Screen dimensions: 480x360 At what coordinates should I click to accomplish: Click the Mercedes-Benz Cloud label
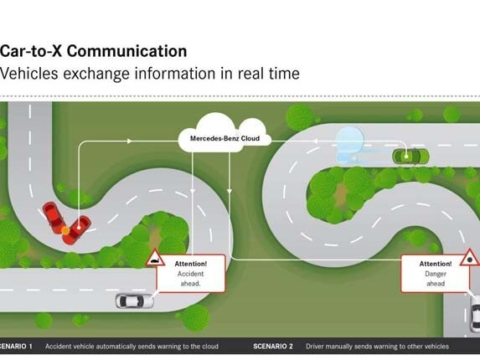(225, 138)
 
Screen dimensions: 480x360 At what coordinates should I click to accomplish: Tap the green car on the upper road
(410, 157)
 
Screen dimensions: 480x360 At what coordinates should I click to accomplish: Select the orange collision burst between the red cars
(65, 230)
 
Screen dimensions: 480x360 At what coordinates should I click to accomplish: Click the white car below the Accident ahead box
(134, 301)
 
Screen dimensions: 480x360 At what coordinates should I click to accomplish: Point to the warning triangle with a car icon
(155, 259)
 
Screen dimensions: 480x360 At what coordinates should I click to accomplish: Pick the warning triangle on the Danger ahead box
(469, 258)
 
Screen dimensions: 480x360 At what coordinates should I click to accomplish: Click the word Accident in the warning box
(190, 274)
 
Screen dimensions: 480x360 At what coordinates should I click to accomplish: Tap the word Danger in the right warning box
(436, 274)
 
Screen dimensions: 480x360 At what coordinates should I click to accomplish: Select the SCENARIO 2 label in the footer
(273, 347)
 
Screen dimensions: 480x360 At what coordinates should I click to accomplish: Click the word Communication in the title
(126, 51)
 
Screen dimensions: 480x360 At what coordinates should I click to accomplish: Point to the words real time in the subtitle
(268, 74)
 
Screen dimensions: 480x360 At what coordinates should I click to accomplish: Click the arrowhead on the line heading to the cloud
(130, 141)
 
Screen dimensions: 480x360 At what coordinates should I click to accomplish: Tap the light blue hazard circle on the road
(349, 141)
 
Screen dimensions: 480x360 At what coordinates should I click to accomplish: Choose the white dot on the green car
(406, 157)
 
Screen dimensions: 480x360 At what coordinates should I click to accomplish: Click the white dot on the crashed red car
(79, 228)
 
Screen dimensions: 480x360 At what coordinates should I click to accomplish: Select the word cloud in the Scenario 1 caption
(210, 347)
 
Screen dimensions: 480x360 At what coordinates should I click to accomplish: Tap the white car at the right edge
(475, 313)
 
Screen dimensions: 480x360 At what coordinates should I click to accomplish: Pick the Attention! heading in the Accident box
(190, 264)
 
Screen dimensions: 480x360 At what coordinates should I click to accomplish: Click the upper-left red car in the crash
(54, 218)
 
